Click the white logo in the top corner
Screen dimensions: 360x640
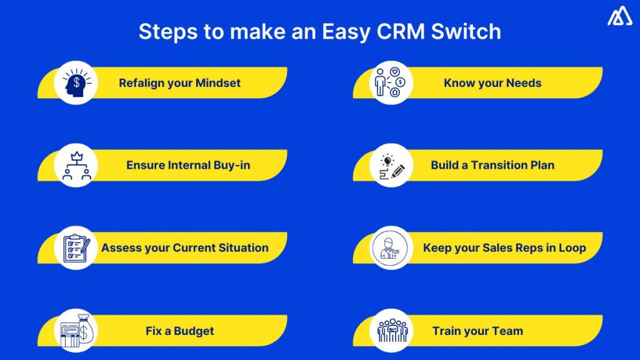tap(619, 16)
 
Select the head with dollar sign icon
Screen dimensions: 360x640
tap(75, 82)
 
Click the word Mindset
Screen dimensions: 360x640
tap(217, 82)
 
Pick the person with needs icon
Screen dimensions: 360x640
tap(390, 82)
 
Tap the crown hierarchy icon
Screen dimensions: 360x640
tap(75, 165)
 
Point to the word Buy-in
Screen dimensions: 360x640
tap(231, 165)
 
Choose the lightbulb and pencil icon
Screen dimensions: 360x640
tap(390, 165)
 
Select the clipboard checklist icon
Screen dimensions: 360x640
tap(75, 247)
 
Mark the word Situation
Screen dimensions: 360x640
tap(243, 247)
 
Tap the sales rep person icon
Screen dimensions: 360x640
tap(390, 247)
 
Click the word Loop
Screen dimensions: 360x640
tap(571, 247)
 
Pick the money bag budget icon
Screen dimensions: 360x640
tap(75, 330)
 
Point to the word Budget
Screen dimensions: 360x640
tap(194, 331)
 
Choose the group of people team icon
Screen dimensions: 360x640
tap(390, 330)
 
